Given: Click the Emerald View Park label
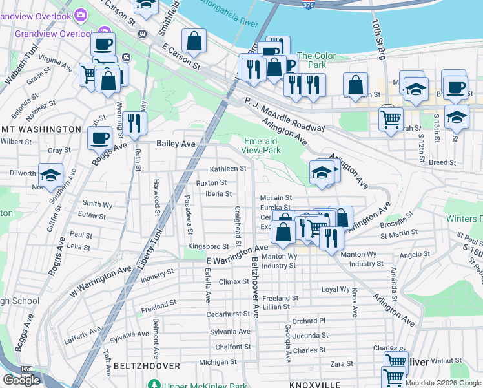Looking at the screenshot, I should (x=262, y=145).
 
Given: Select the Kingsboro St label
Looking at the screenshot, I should (x=208, y=246).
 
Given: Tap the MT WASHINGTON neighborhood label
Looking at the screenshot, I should (x=41, y=129).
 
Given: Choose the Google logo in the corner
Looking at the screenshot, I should (x=21, y=380).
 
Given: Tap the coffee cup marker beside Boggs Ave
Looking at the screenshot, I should (x=100, y=138).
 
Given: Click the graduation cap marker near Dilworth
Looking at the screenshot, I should (x=50, y=175).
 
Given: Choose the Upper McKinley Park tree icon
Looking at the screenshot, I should (x=154, y=385).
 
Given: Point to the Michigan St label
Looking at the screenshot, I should (x=214, y=362).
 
